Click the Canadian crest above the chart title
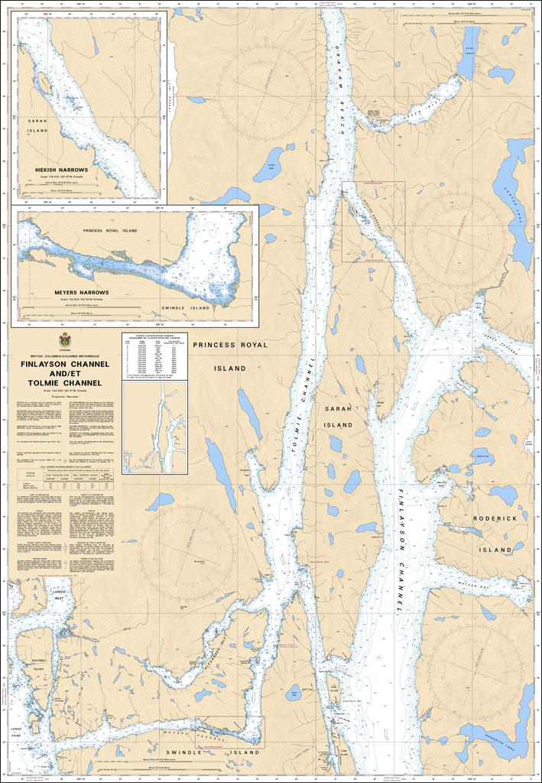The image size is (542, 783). [x=64, y=340]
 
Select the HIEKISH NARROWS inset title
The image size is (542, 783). [x=61, y=169]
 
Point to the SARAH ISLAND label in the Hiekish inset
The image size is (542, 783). [x=37, y=126]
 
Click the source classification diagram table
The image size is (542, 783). [x=154, y=355]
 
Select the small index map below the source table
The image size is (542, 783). [x=154, y=427]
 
